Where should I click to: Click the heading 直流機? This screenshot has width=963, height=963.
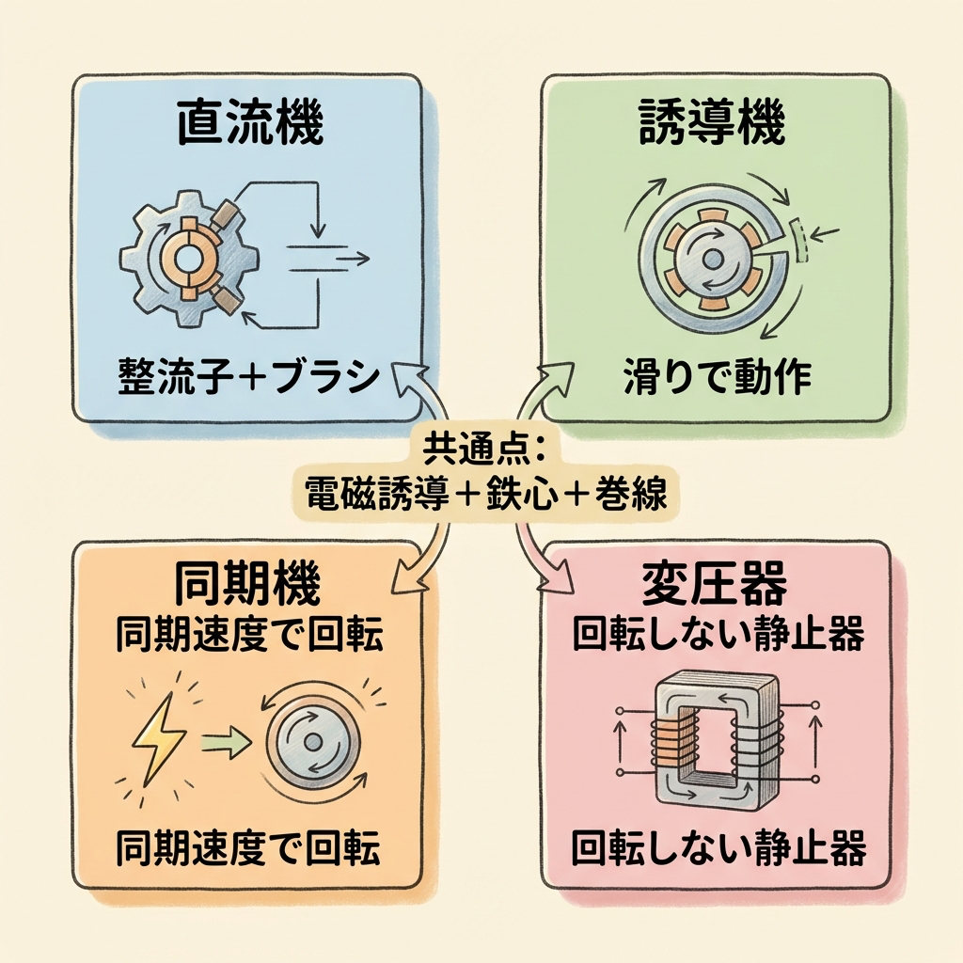point(250,126)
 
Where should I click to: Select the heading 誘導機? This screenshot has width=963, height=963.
point(712,126)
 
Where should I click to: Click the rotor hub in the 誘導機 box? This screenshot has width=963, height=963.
point(712,256)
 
